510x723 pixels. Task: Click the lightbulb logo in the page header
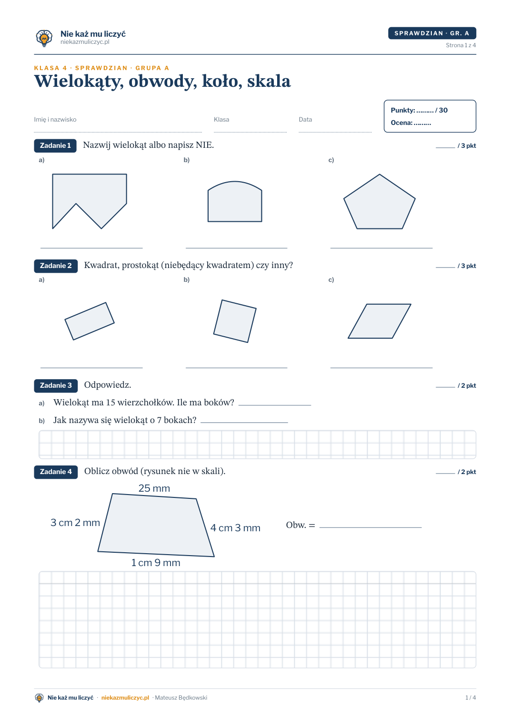point(44,38)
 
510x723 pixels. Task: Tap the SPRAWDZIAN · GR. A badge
point(431,33)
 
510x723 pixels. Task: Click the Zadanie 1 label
point(55,145)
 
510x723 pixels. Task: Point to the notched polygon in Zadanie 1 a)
point(90,194)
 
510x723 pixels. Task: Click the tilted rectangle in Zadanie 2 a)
point(90,321)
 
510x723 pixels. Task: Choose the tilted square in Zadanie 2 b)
point(235,321)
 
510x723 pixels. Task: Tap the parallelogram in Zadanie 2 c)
point(379,321)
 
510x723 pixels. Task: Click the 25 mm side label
point(154,488)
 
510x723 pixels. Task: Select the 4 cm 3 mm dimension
point(235,528)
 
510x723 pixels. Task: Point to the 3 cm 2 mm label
point(75,523)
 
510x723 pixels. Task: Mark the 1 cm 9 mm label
point(155,563)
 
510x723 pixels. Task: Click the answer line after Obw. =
point(370,527)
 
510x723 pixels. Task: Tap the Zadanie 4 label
point(56,472)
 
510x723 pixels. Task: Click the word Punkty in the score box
point(403,110)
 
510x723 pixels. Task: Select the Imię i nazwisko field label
point(55,119)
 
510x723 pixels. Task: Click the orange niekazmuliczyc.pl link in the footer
point(125,698)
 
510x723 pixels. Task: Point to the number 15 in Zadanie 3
point(110,403)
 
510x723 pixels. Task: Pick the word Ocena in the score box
point(401,123)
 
